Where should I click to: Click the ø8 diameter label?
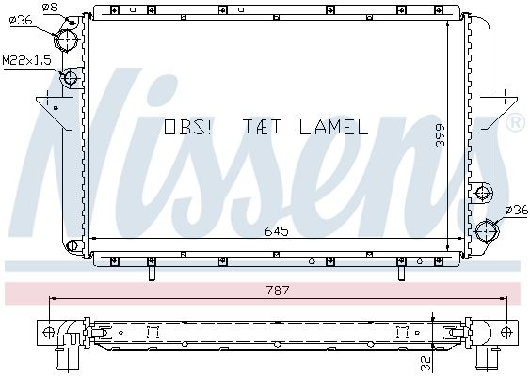50,7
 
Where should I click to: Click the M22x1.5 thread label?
26,60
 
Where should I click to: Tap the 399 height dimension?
440,135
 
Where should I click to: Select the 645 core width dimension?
277,231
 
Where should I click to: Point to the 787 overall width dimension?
278,290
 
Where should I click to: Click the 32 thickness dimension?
426,363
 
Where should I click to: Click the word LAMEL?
333,127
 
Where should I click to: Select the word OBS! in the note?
187,127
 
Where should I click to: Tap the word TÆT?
262,127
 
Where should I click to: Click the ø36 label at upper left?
21,21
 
